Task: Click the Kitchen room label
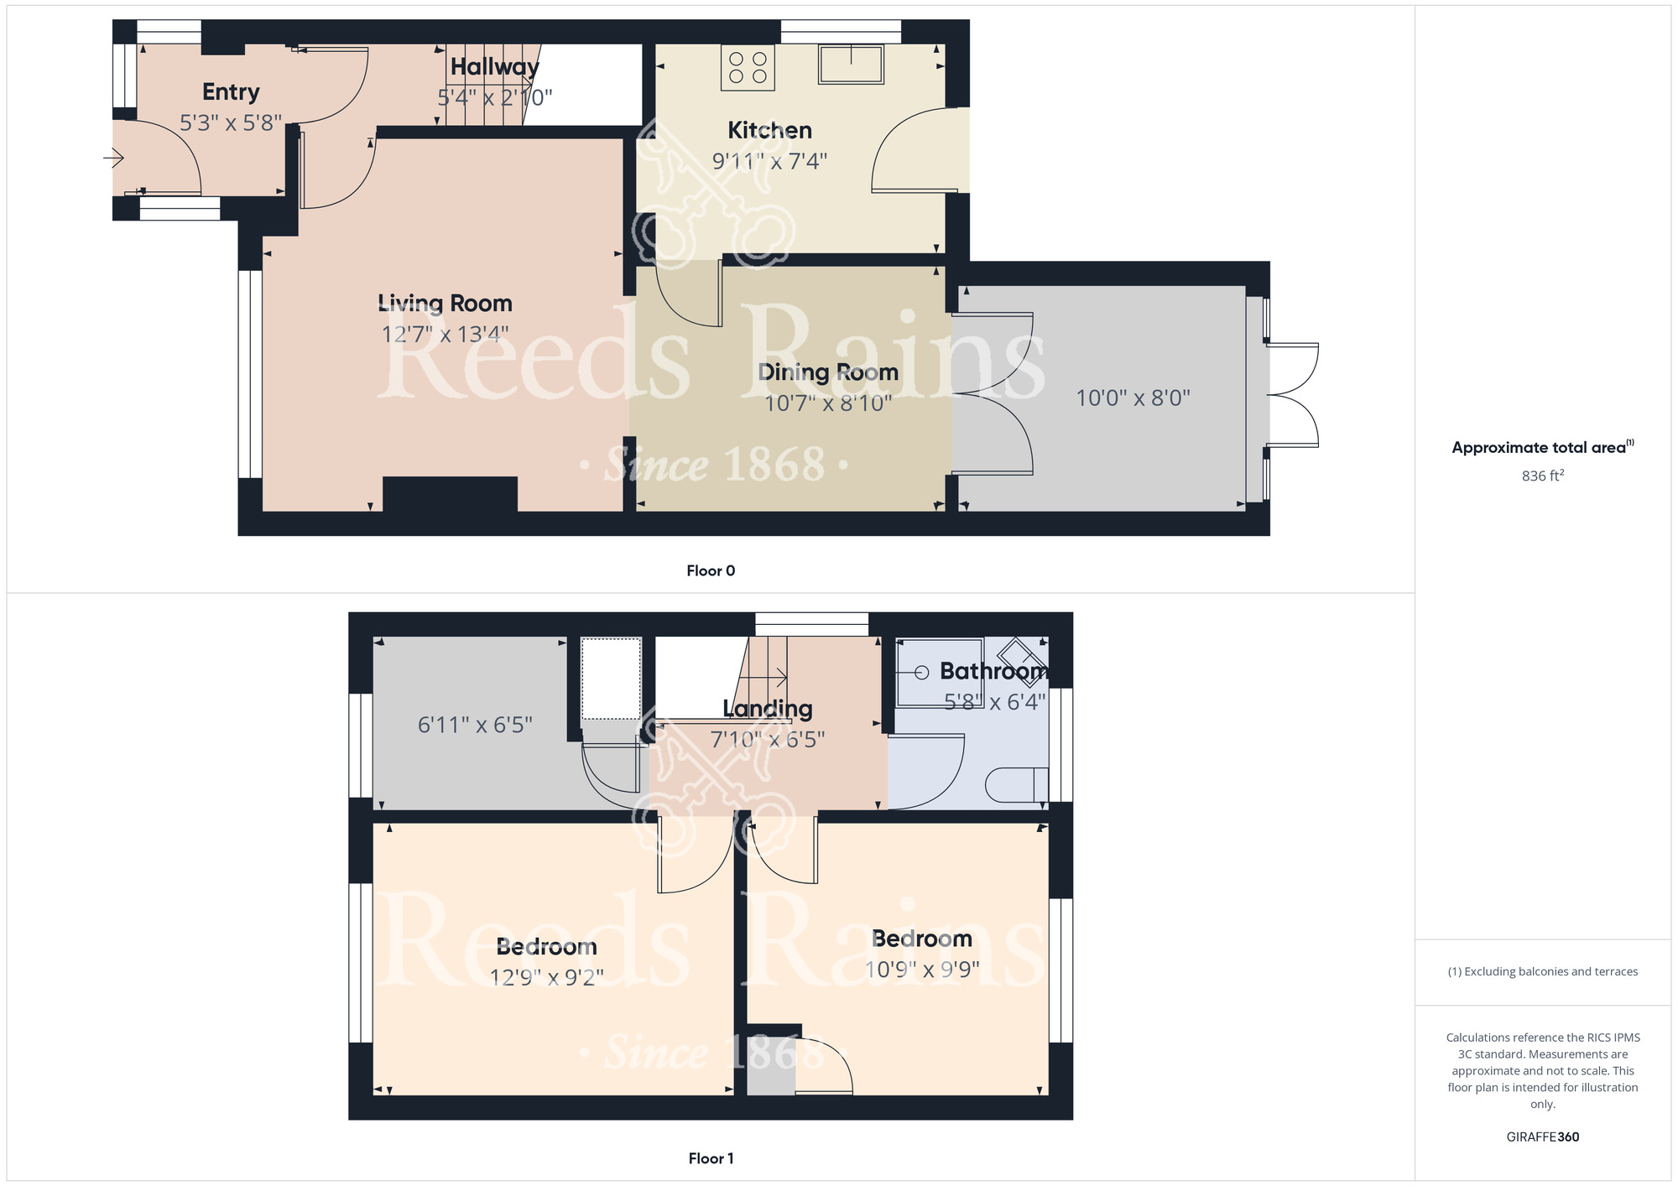click(x=769, y=131)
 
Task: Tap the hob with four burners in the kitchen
click(x=748, y=68)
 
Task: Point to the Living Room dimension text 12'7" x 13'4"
click(x=445, y=335)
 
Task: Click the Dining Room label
click(x=828, y=372)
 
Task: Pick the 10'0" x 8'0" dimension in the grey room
click(x=1133, y=398)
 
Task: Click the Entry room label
click(x=231, y=92)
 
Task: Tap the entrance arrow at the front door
click(x=114, y=157)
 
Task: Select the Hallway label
click(x=494, y=67)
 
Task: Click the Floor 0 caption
click(x=711, y=571)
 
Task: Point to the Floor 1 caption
click(x=711, y=1158)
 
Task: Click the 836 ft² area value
click(x=1542, y=476)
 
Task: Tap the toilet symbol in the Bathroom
click(x=1016, y=785)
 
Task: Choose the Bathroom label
click(x=993, y=671)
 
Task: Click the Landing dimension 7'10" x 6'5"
click(x=768, y=740)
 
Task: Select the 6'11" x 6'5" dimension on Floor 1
click(x=475, y=725)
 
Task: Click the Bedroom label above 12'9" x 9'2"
click(x=546, y=947)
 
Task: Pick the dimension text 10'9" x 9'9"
click(x=922, y=970)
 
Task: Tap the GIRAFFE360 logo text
click(x=1542, y=1137)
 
